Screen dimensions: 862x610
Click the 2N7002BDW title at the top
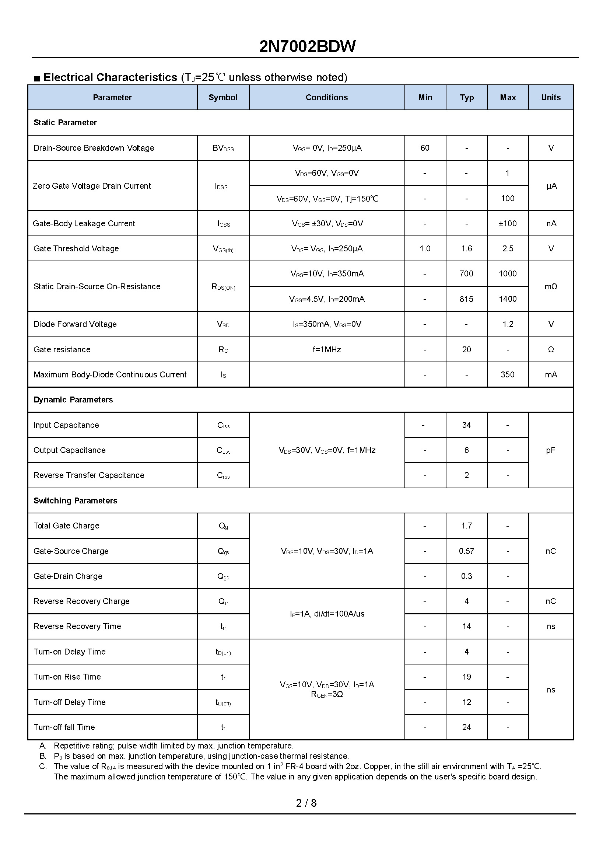click(307, 46)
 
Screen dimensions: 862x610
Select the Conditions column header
click(326, 98)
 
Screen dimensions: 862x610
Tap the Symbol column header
click(223, 98)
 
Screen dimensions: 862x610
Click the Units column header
click(551, 98)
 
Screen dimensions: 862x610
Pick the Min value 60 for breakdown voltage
click(425, 148)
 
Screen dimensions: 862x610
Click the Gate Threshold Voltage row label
click(76, 249)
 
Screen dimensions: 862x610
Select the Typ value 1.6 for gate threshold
click(466, 249)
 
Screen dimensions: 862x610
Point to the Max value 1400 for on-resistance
click(508, 299)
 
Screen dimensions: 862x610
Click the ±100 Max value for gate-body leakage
click(508, 224)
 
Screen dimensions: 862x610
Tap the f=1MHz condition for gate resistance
click(326, 350)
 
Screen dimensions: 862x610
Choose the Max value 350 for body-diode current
click(508, 375)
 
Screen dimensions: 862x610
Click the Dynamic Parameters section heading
click(73, 400)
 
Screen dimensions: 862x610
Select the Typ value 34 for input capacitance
click(466, 425)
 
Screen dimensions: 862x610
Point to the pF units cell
click(551, 450)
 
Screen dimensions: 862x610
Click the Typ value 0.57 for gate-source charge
click(466, 551)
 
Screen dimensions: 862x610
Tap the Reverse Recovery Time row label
click(77, 627)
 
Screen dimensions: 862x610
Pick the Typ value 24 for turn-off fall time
click(466, 727)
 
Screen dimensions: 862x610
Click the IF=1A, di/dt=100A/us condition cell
click(327, 614)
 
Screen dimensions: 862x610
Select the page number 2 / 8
click(306, 803)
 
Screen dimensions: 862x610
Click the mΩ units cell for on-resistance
click(551, 287)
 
